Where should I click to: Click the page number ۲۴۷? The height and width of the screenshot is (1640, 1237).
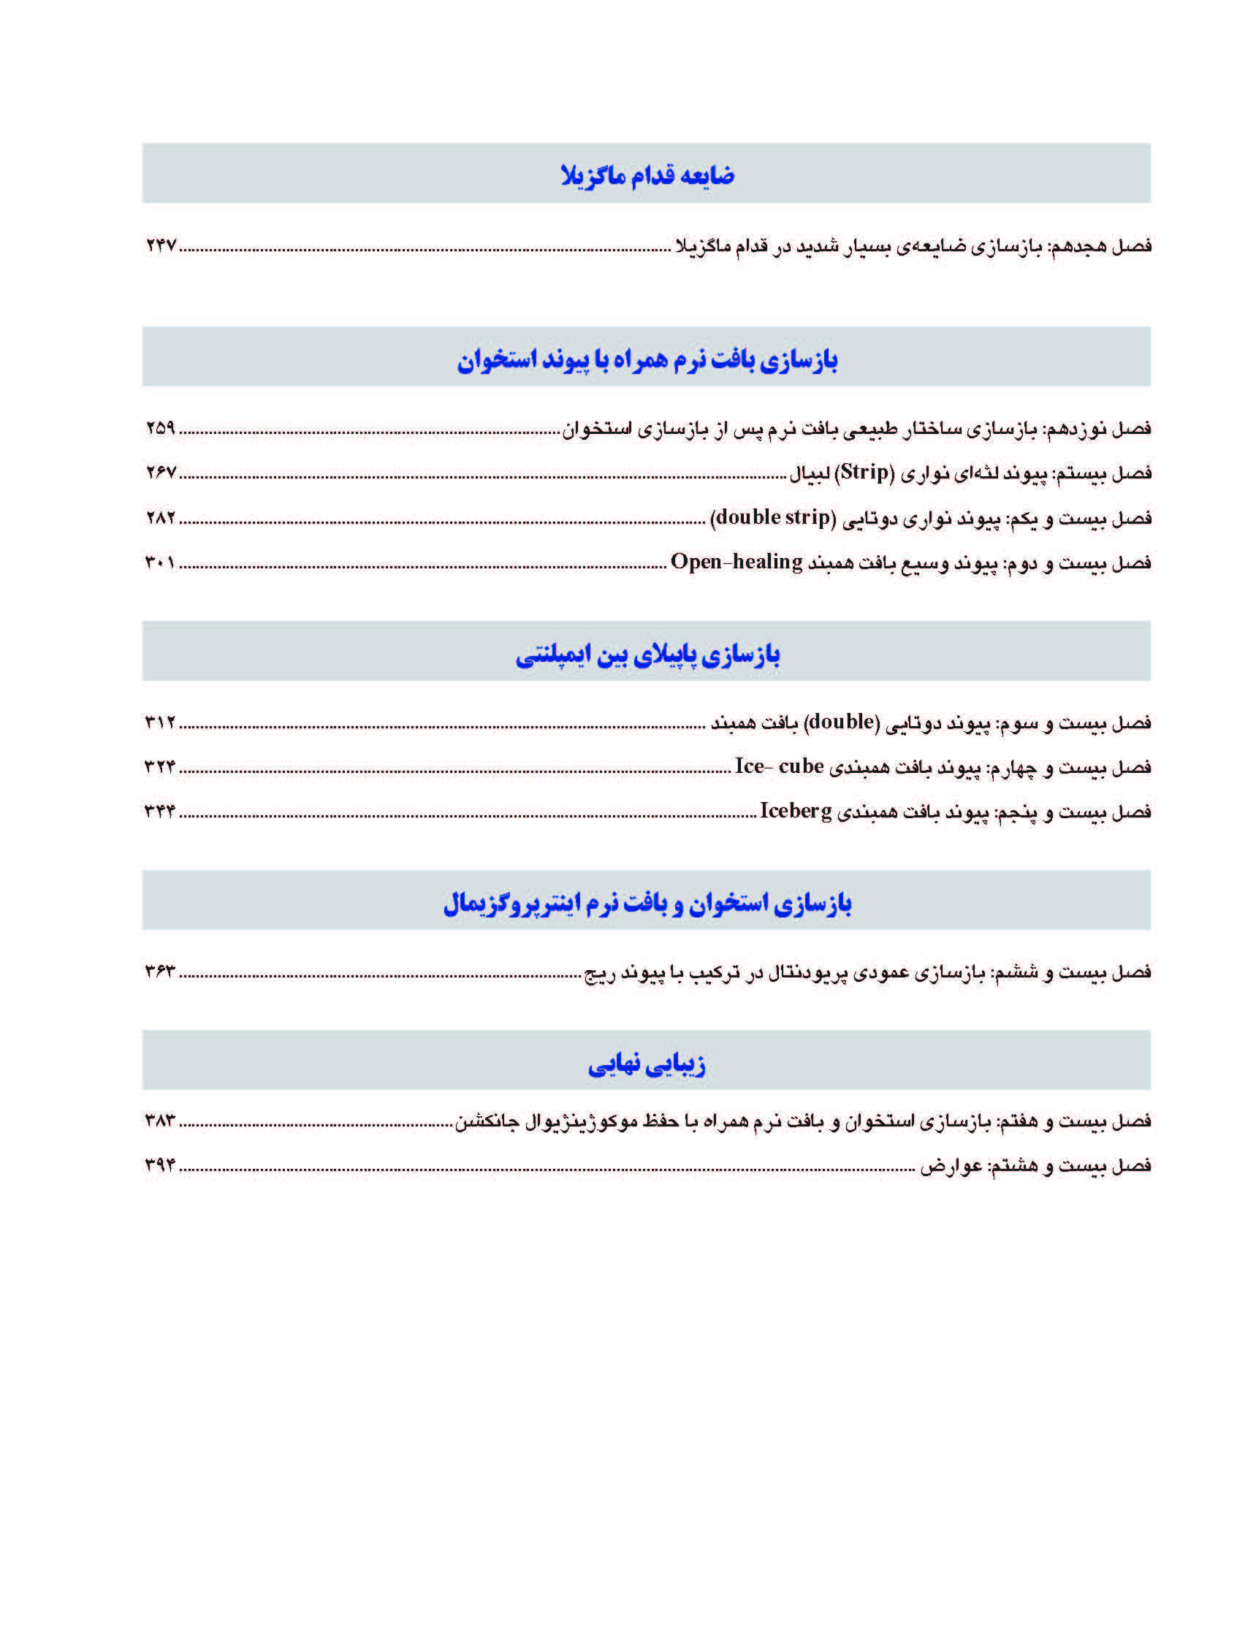pos(161,245)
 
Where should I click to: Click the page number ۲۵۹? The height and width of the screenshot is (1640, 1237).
pos(161,428)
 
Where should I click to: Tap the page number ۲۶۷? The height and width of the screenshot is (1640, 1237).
pos(161,473)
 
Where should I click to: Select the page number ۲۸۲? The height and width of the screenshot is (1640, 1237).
pos(161,517)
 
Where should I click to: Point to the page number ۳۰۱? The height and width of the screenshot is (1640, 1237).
pos(160,562)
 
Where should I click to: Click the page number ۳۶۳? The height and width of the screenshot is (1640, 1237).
pos(160,972)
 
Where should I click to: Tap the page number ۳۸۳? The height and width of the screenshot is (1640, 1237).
pos(160,1121)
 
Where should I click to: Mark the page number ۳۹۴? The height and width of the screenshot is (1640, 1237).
pos(160,1164)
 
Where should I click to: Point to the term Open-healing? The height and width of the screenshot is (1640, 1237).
pos(737,562)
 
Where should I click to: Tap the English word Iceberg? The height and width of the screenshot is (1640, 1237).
pos(796,811)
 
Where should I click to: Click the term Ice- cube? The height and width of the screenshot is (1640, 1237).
pos(779,766)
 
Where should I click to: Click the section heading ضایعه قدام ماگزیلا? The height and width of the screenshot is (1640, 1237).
pos(647,175)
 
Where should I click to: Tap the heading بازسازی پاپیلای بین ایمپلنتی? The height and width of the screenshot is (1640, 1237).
pos(647,655)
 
